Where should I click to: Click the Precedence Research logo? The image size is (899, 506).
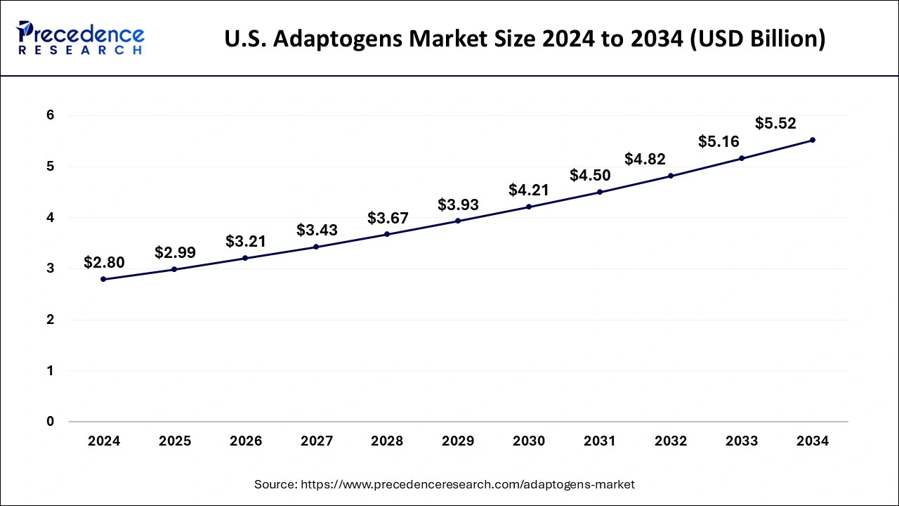tap(80, 38)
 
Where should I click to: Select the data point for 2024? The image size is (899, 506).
tap(104, 279)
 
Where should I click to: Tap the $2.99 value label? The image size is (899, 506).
tap(175, 252)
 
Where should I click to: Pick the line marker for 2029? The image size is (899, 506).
tap(458, 221)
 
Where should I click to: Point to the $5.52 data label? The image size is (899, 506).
tap(775, 124)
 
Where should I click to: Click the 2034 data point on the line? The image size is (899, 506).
tap(813, 140)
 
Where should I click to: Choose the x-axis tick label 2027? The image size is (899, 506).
tap(317, 441)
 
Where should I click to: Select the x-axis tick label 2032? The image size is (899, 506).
tap(671, 441)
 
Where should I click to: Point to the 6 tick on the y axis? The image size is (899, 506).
tap(51, 115)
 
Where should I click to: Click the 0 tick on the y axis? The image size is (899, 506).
tap(51, 422)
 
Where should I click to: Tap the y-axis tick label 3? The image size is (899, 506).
tap(51, 268)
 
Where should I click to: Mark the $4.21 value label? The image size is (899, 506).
tap(529, 190)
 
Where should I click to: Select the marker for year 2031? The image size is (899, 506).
tap(600, 192)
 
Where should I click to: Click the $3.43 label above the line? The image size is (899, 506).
tap(317, 230)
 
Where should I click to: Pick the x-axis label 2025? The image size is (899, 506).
tap(175, 441)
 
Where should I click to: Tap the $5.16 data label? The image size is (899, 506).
tap(718, 141)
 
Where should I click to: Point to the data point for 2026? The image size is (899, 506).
tap(245, 258)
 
